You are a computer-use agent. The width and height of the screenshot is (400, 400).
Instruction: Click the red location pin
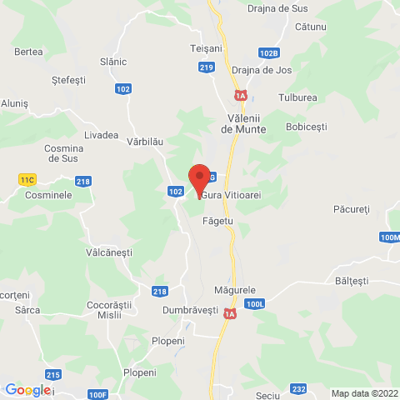[x=198, y=179]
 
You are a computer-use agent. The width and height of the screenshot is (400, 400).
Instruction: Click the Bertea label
[x=28, y=52]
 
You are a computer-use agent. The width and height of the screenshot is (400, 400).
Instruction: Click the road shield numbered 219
[x=207, y=67]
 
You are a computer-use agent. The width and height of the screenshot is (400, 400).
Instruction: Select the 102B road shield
[x=268, y=52]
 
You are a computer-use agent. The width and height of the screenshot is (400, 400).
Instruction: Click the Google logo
[x=27, y=390]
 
